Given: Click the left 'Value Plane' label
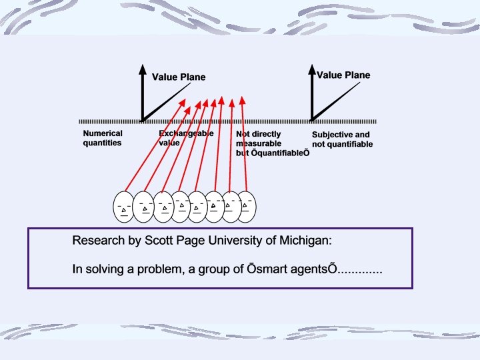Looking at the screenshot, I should pos(179,77).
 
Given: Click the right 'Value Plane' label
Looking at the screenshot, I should pos(343,75).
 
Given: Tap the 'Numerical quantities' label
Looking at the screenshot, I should pos(103,138).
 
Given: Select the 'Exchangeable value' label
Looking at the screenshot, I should pos(186,138).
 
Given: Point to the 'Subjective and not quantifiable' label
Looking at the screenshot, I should pos(342,139).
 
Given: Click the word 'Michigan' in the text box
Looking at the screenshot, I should pos(304,240).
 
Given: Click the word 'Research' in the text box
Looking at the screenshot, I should pos(95,240).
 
